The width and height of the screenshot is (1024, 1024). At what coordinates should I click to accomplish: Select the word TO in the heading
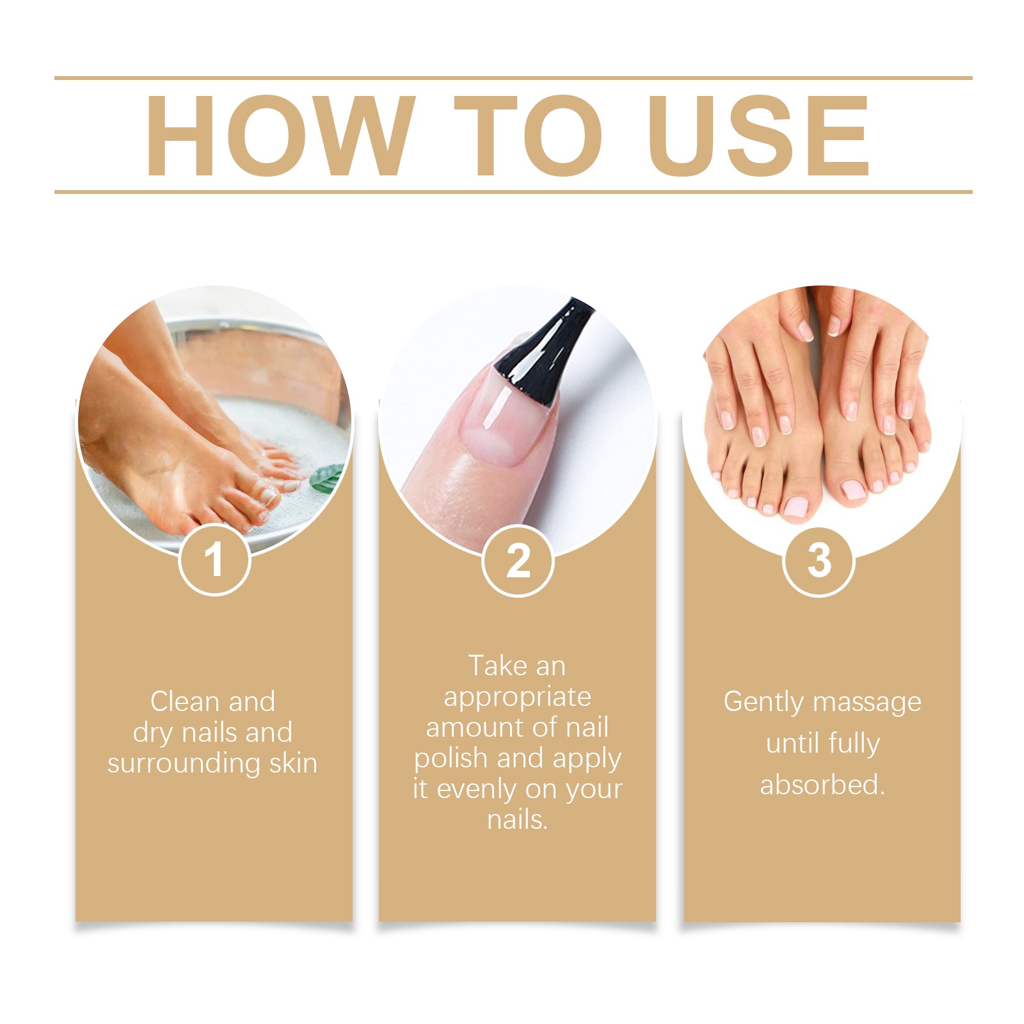coord(527,136)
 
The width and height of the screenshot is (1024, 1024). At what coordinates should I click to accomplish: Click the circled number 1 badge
coord(214,559)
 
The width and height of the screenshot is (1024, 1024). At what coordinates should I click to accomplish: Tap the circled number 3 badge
coord(819,561)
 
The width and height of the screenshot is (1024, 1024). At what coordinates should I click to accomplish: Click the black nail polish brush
coord(544,355)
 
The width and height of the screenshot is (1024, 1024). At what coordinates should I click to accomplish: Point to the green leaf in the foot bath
coord(327,477)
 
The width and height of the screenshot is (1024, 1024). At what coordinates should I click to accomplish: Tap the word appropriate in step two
coord(517,697)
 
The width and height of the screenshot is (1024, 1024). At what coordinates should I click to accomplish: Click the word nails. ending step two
coord(517,820)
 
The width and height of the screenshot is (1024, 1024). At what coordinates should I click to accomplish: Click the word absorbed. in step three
coord(822,785)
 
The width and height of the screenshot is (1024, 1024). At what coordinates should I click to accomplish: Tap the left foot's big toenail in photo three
coord(796,507)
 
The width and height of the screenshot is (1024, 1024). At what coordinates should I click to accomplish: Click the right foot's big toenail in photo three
coord(854,490)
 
